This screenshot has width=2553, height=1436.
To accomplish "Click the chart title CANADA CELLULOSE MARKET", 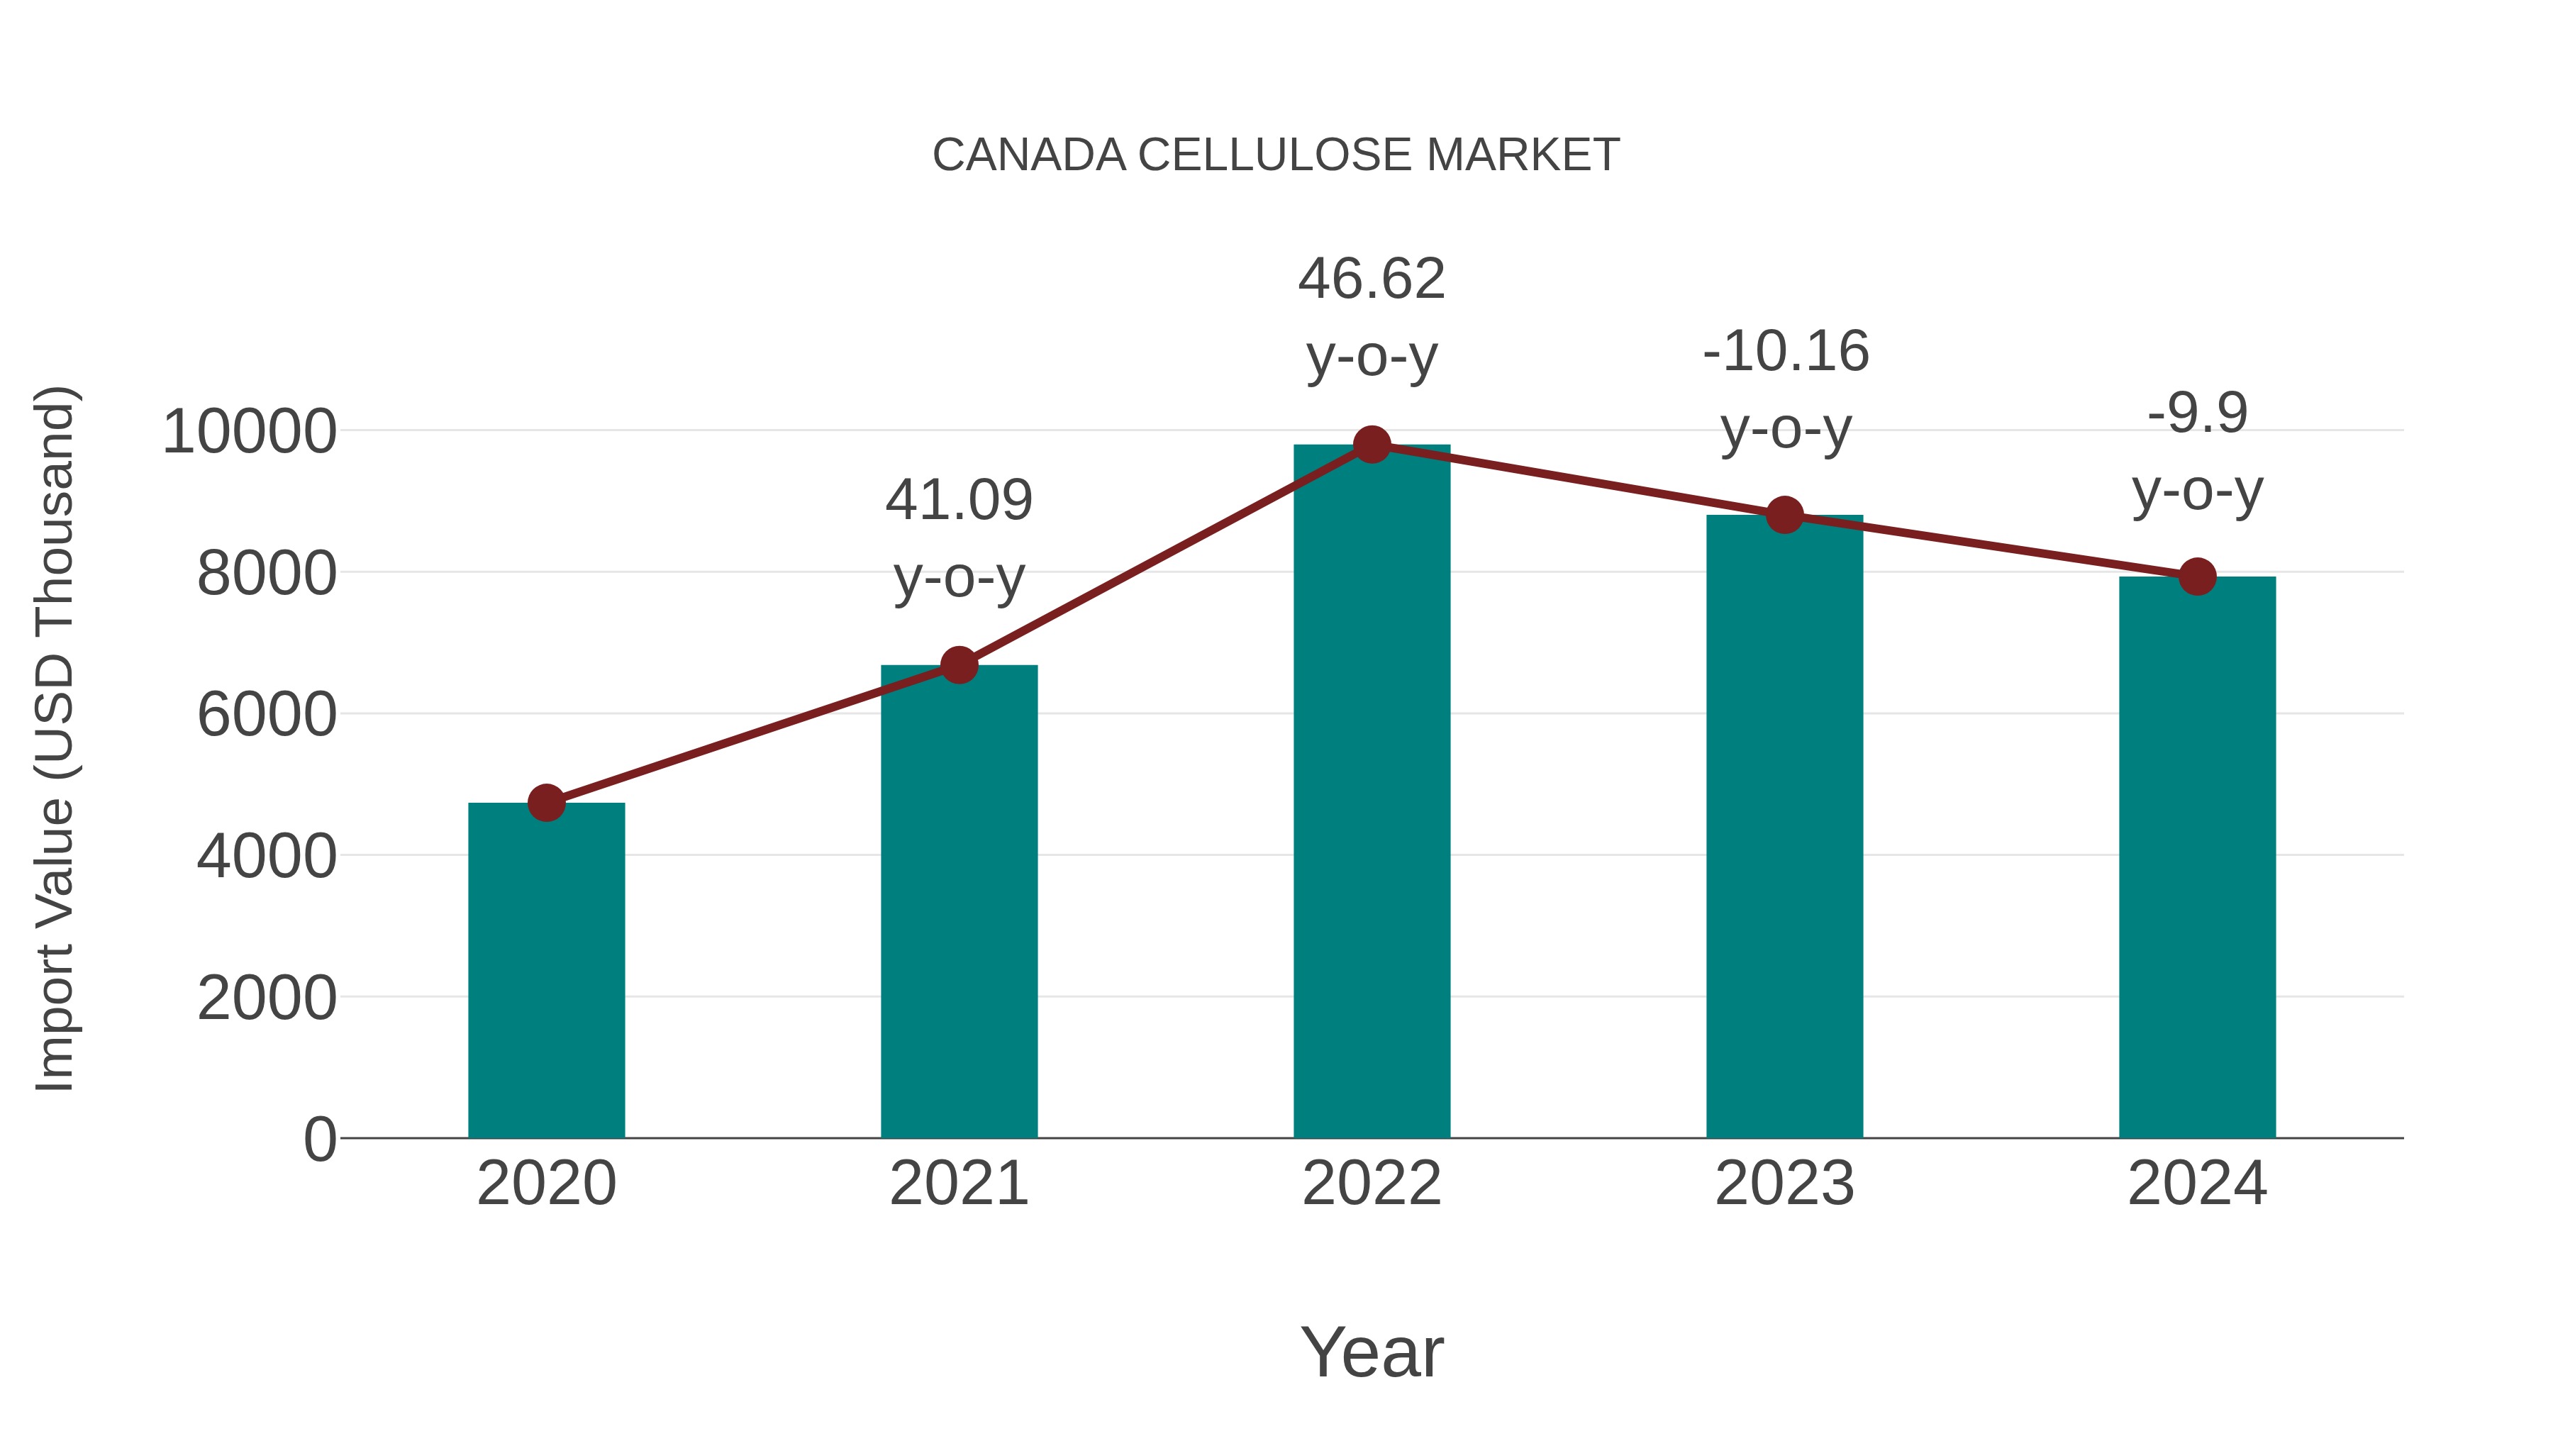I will point(1276,155).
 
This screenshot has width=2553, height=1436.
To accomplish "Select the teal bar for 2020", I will point(546,972).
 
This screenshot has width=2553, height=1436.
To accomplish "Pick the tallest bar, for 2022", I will point(1372,793).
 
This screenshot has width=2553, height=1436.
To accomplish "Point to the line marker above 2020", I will point(546,803).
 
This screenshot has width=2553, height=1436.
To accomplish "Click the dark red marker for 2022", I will point(1372,445).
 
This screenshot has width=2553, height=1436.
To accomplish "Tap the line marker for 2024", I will point(2197,576).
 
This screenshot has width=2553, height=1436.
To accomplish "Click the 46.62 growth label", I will point(1372,317).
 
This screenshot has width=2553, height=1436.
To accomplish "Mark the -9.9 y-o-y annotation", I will point(2197,451).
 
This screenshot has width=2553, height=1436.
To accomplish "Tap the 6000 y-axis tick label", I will point(267,715).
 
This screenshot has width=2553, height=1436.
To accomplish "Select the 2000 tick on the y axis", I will point(267,998).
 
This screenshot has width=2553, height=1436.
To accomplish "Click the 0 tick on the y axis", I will point(319,1140).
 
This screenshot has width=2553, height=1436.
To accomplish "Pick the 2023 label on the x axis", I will point(1784,1184).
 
